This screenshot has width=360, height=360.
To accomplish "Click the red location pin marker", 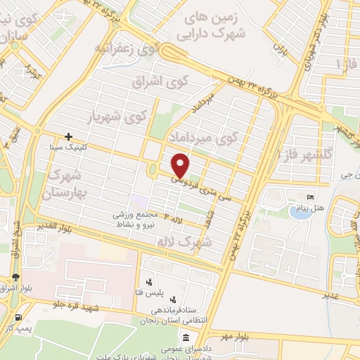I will [x=181, y=165].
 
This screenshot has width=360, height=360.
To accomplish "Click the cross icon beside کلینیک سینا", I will [x=68, y=136].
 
